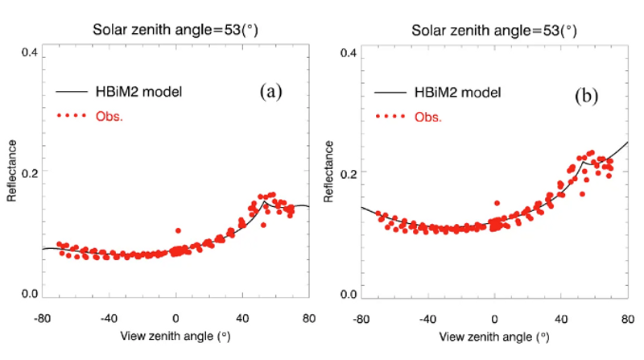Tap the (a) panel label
(270, 91)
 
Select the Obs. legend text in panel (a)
(109, 117)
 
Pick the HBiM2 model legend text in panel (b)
(456, 93)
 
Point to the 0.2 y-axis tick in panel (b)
(349, 172)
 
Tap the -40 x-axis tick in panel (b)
(427, 317)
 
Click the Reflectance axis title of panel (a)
(12, 172)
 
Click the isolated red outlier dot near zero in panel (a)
(178, 231)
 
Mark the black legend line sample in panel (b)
(391, 93)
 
